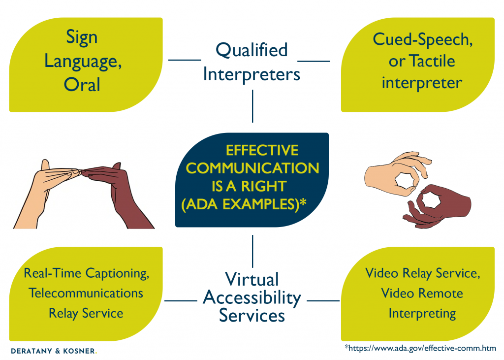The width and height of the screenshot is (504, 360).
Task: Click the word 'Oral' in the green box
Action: [82, 84]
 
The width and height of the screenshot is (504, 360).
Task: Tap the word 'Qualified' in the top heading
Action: [252, 49]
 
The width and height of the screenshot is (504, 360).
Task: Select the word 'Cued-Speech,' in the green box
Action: [422, 40]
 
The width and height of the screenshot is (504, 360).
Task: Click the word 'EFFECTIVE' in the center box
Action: [262, 150]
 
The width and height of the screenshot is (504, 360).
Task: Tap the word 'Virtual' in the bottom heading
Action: [252, 279]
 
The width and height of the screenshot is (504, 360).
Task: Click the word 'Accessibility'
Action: [252, 297]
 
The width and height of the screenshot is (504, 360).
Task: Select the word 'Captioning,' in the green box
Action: [117, 272]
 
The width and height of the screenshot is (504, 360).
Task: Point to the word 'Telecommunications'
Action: [86, 293]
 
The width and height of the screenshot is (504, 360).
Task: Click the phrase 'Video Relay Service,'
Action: [422, 273]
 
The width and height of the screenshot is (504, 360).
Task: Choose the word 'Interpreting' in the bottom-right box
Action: [422, 313]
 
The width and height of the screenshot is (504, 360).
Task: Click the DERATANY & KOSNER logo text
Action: [54, 351]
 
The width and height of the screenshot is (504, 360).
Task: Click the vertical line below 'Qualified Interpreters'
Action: [252, 106]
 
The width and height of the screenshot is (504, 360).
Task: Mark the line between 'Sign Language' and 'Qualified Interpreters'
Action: [185, 60]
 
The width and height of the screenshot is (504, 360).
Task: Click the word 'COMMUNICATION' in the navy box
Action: [252, 168]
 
